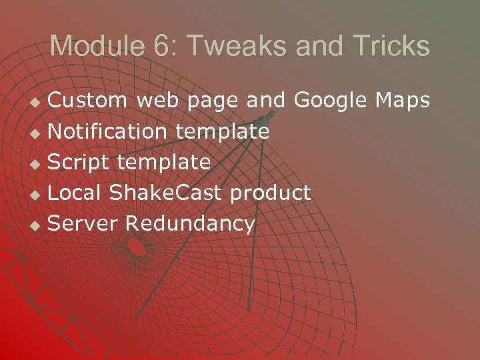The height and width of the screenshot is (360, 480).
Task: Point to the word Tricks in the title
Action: tap(391, 47)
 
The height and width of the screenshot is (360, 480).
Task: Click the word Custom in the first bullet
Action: tap(89, 100)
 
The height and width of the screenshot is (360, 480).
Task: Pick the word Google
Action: tap(330, 100)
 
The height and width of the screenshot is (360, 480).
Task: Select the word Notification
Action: tap(107, 131)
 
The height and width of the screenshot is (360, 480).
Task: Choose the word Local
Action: tap(74, 193)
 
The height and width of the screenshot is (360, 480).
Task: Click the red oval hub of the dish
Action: tap(136, 247)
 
